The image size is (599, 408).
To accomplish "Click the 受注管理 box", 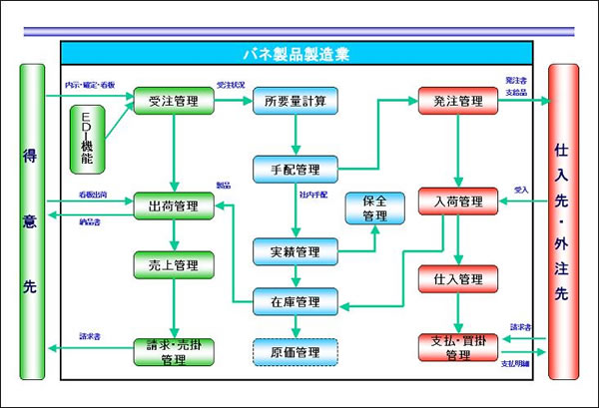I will coord(174,102).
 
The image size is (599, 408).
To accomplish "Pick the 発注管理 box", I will coord(457,102).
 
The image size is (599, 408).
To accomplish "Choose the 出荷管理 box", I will coord(174,205).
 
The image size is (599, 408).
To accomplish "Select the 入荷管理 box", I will coord(457,203).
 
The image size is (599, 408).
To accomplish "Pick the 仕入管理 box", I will coord(457,277).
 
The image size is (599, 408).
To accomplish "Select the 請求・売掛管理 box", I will coord(174,351).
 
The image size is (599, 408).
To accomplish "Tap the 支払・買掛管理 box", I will coord(457,348).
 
